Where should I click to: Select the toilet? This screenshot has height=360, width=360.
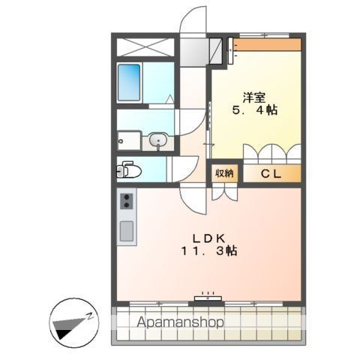129,170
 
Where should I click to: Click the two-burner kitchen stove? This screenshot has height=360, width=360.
126,202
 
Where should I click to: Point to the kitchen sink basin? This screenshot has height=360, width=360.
126,230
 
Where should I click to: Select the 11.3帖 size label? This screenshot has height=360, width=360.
209,252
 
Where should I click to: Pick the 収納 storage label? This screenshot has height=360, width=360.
225,173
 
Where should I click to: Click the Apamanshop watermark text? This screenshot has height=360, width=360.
181,322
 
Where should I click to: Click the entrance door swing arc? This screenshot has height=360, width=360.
193,19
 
